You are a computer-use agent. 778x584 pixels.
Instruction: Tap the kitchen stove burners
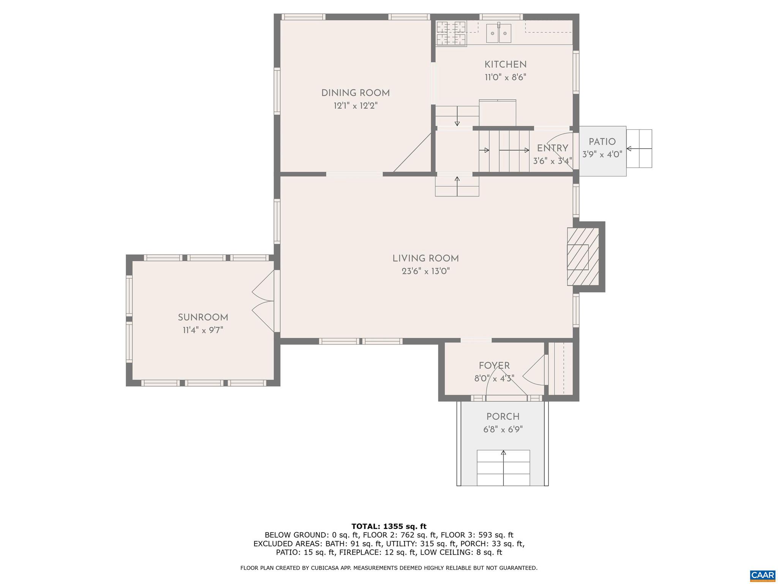pos(451,33)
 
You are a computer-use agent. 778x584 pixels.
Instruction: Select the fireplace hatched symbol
pos(583,257)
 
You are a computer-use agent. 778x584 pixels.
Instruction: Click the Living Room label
pos(425,259)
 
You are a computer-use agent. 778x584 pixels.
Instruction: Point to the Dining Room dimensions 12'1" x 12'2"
pos(356,106)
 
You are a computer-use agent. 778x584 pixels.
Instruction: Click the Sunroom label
pos(203,317)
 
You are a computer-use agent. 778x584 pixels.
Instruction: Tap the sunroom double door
pos(264,301)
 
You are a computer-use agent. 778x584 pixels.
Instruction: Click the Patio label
pos(602,142)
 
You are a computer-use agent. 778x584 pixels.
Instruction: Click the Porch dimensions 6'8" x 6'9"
pos(503,430)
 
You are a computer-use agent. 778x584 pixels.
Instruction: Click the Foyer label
pos(494,366)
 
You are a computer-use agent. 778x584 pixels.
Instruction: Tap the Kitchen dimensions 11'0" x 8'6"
pos(505,78)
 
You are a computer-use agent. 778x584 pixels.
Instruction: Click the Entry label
pos(552,148)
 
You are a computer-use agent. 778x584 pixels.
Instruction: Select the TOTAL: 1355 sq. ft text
pos(389,527)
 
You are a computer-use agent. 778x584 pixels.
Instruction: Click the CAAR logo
pos(762,575)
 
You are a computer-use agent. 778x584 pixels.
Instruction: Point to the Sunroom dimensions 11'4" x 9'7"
pos(203,330)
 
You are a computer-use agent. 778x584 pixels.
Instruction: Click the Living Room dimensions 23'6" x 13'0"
pos(425,271)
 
